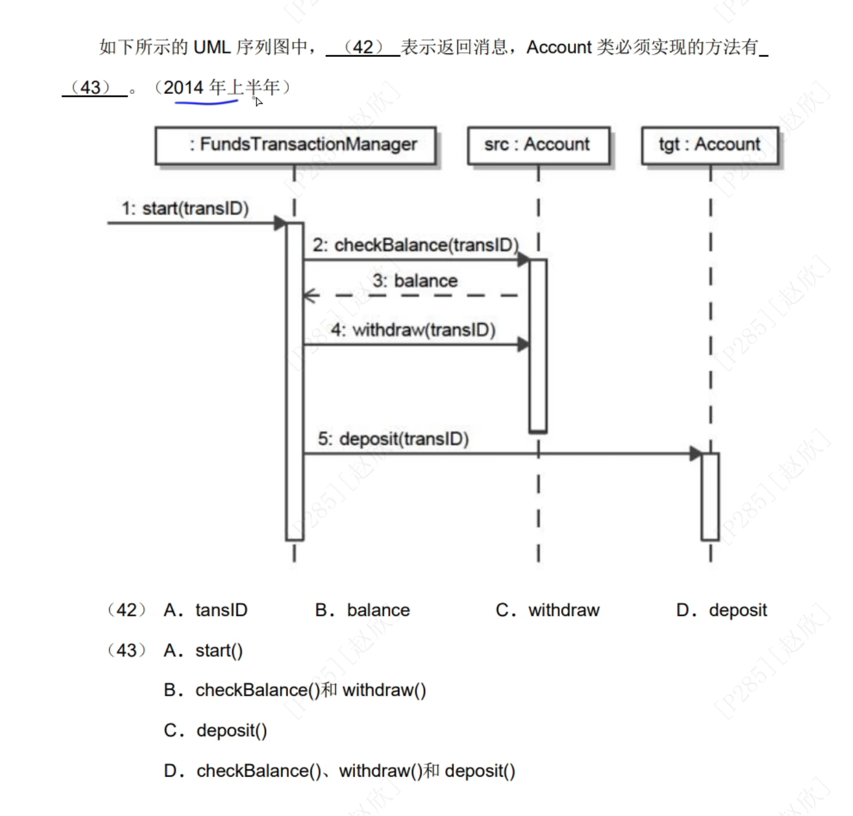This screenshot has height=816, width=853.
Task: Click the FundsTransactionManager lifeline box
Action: click(295, 145)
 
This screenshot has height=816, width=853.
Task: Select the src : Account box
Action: click(538, 145)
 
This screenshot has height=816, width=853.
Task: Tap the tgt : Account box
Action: click(709, 145)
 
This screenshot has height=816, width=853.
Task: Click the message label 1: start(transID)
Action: click(185, 209)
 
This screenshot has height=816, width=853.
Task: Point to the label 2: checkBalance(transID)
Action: click(415, 245)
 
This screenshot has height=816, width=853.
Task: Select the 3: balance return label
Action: click(414, 281)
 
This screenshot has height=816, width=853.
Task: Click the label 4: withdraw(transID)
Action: click(413, 330)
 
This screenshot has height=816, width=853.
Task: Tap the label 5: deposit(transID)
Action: click(393, 439)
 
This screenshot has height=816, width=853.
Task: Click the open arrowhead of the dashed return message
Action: click(310, 296)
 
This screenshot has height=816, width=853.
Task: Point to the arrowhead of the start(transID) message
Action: click(280, 223)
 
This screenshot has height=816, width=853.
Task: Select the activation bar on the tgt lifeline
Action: click(710, 496)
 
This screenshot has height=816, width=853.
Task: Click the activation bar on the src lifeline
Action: click(538, 346)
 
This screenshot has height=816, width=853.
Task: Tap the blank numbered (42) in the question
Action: click(363, 47)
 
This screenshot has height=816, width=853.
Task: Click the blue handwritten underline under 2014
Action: click(206, 103)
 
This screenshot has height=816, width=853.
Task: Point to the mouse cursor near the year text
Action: click(258, 102)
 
